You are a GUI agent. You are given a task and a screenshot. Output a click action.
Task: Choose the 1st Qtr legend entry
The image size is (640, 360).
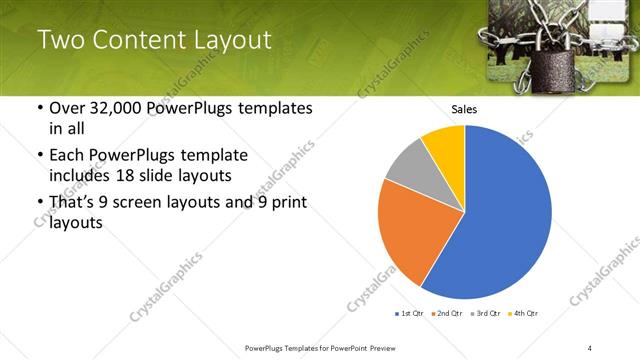[x=411, y=314]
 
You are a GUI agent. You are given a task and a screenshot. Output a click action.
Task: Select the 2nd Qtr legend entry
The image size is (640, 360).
[x=447, y=314]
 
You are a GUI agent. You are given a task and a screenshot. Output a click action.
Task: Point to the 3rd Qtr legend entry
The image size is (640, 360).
[x=485, y=314]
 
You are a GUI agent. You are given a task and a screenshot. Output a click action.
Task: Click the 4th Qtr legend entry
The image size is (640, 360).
[x=523, y=314]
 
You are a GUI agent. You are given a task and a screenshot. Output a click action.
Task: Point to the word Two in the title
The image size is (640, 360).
[x=59, y=40]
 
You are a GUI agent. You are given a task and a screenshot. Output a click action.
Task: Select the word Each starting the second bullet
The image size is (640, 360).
[x=67, y=155]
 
